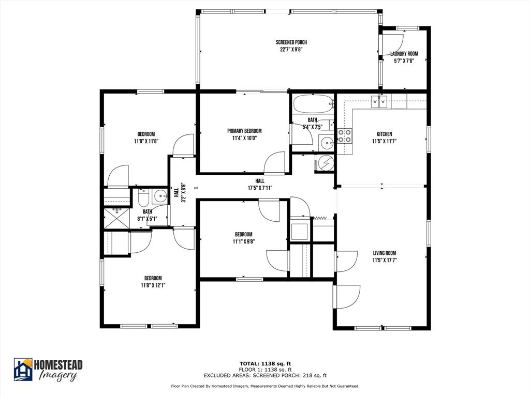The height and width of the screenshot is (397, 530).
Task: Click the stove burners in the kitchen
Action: pyautogui.click(x=345, y=136)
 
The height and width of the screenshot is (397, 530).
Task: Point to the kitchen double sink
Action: pyautogui.click(x=379, y=101)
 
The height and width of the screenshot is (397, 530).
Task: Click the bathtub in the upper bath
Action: pyautogui.click(x=313, y=104)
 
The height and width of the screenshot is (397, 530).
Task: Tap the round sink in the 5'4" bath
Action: pyautogui.click(x=326, y=143)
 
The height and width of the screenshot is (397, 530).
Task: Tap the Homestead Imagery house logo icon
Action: pyautogui.click(x=23, y=369)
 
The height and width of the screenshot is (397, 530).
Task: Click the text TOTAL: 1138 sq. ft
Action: pyautogui.click(x=264, y=363)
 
